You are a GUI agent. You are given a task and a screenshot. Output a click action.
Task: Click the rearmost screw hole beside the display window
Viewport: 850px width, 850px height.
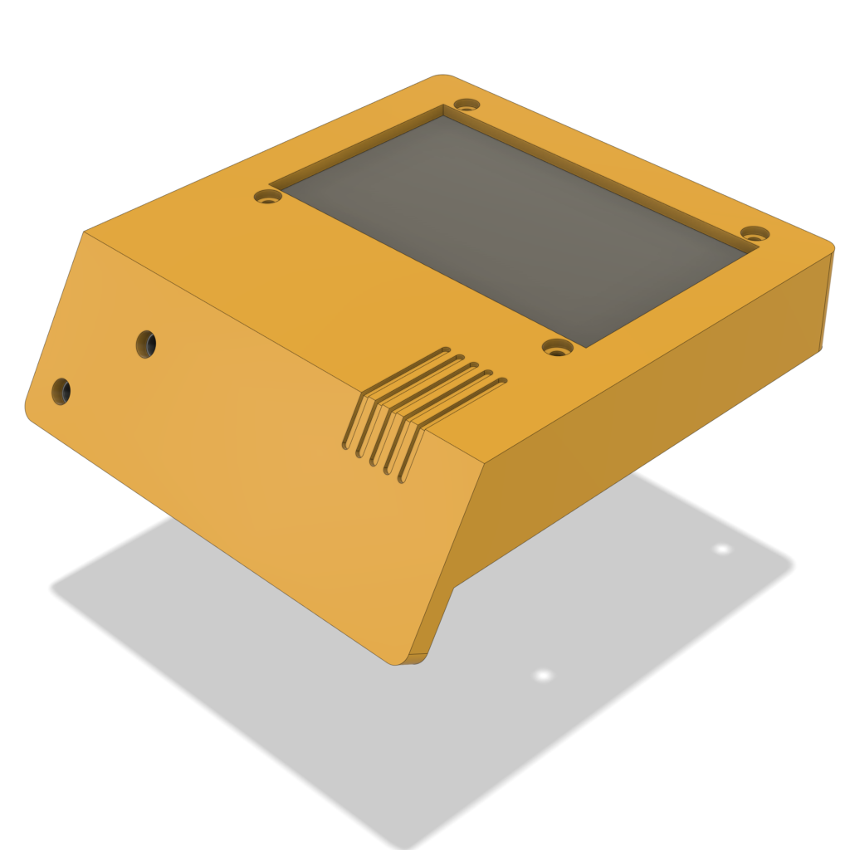point(467,105)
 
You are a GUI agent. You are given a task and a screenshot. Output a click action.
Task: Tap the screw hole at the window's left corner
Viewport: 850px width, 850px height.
point(267,198)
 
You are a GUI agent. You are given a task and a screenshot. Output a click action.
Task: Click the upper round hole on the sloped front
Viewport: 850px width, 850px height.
point(146,344)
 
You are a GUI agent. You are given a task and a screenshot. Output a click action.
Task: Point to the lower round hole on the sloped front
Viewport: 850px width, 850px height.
point(61,391)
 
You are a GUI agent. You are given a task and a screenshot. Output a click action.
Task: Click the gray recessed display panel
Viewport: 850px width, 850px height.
point(515,224)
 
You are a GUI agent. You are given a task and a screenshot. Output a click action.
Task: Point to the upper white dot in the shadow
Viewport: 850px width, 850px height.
point(722,549)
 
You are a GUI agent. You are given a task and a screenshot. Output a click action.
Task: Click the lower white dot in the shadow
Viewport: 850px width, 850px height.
point(543,676)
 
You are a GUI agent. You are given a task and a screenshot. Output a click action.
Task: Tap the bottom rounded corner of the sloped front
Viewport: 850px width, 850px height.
point(398,662)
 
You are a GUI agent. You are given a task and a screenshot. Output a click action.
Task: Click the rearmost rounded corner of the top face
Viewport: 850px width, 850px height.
point(441,76)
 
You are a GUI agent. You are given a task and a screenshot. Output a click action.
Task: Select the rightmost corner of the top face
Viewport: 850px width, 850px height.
point(831,246)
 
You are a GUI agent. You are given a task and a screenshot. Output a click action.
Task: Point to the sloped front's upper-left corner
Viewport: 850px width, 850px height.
point(85,232)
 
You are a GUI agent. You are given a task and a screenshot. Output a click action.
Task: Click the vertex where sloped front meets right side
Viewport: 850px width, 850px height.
point(483,463)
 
